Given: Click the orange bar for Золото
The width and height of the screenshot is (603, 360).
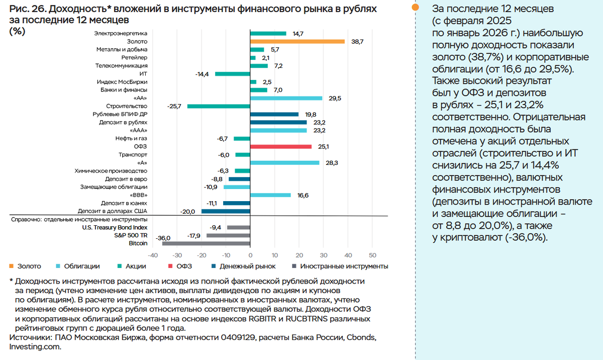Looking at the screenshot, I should pos(297,41).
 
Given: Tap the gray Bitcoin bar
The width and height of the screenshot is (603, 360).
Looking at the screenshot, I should pos(206,243).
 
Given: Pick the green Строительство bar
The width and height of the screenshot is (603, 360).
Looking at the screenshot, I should pos(219,106).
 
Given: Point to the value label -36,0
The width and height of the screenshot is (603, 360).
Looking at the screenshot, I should pos(163,238).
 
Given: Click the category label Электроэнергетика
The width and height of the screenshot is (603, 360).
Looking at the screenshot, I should pos(121,33).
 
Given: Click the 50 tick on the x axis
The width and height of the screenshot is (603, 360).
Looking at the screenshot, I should pos(372,254).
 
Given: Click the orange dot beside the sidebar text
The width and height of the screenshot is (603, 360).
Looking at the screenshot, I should pos(415,8).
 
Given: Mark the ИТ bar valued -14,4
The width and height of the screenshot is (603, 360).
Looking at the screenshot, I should pos(232,74).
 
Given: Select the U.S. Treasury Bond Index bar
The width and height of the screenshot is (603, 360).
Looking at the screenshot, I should pos(238,227).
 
